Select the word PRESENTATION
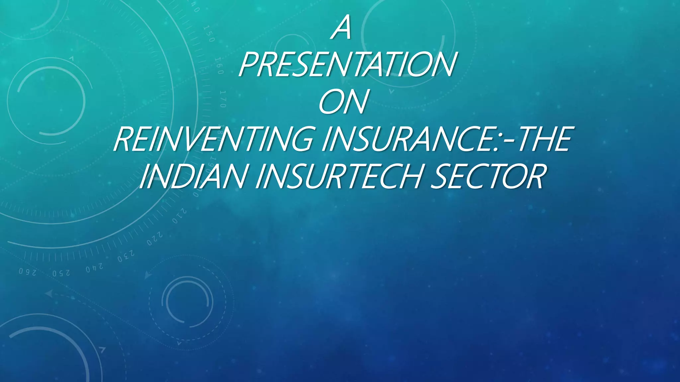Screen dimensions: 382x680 tap(346, 65)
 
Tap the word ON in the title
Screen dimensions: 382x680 tap(343, 102)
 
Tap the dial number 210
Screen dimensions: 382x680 tap(179, 216)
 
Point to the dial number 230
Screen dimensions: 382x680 tap(126, 256)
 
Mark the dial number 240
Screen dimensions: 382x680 tap(94, 267)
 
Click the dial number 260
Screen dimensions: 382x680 tap(27, 272)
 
